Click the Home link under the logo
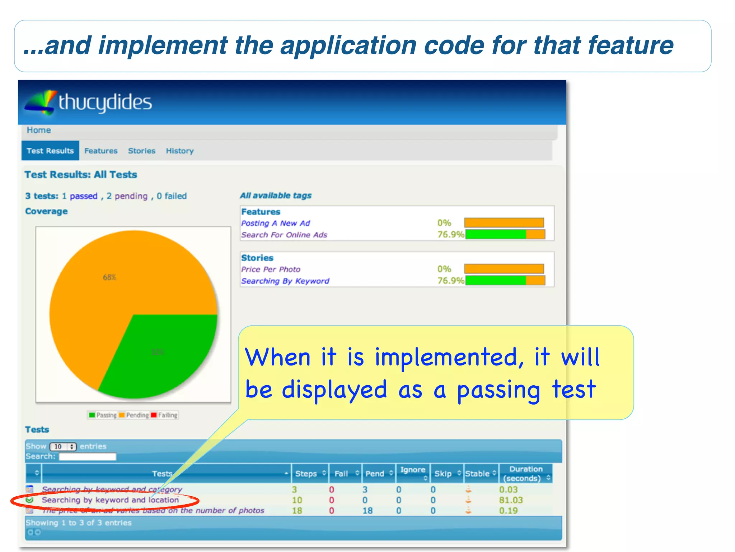click(x=39, y=130)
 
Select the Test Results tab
click(x=50, y=151)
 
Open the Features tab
click(x=101, y=151)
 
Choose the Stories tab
click(x=142, y=151)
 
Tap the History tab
click(x=179, y=151)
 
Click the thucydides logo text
click(x=105, y=102)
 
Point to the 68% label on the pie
click(x=109, y=277)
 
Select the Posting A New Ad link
click(x=276, y=223)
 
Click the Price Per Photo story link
click(x=271, y=269)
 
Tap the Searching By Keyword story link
click(x=285, y=281)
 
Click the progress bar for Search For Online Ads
click(x=505, y=235)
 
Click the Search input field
click(x=88, y=456)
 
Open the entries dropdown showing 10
click(x=63, y=446)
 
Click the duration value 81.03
click(x=511, y=500)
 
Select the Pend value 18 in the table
click(x=367, y=511)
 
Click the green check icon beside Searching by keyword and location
click(x=30, y=500)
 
